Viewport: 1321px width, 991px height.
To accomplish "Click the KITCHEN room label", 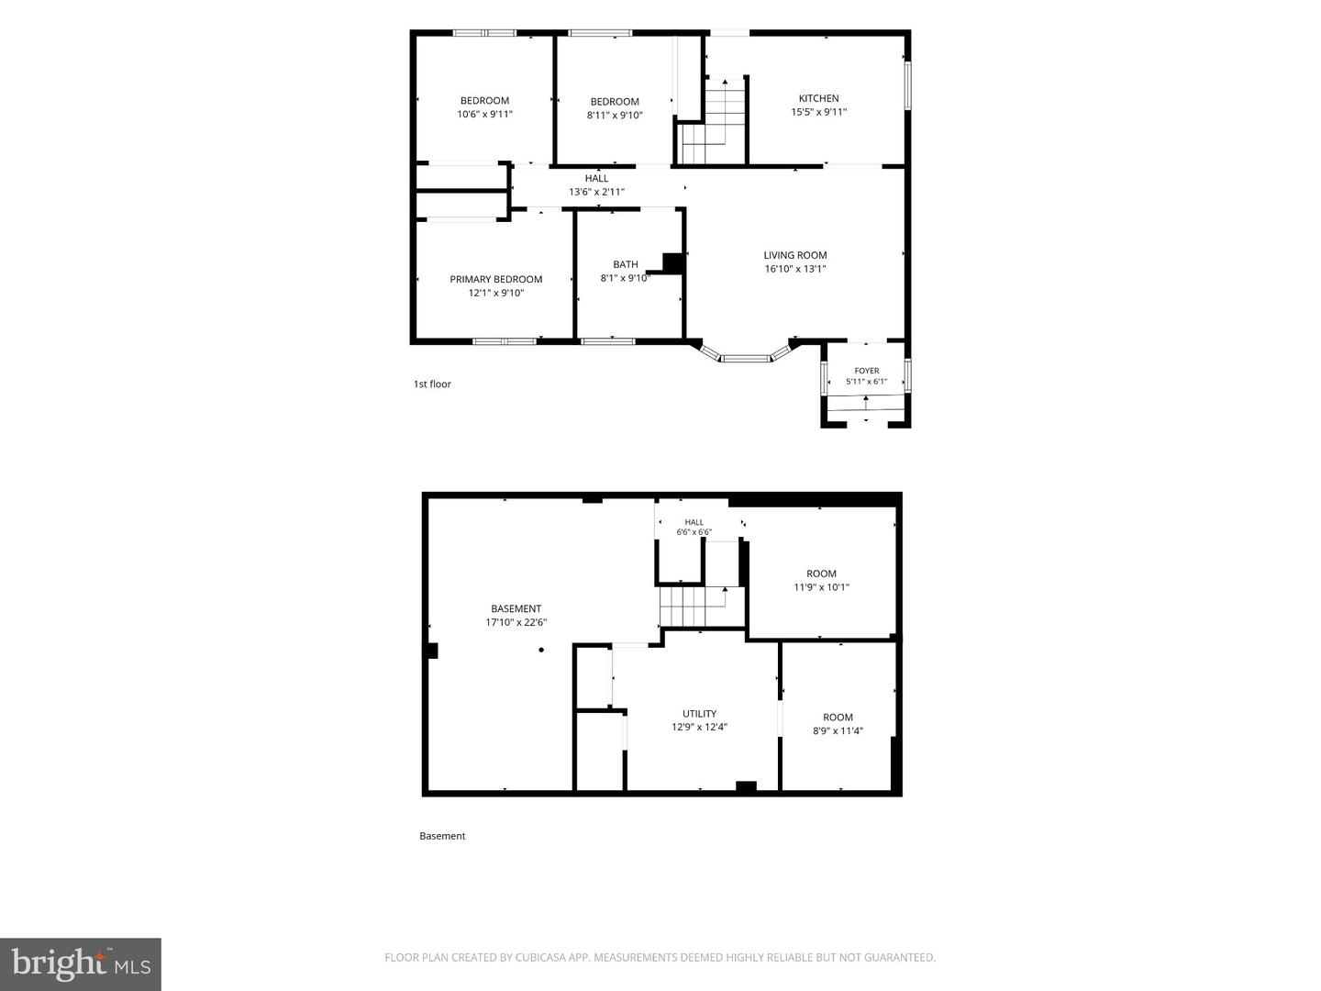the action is click(x=818, y=98).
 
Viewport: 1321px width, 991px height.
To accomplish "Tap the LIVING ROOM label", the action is click(x=795, y=255).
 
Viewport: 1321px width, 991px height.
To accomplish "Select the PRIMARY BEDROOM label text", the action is click(x=496, y=279).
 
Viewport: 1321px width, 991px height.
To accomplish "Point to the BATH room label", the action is click(x=626, y=264).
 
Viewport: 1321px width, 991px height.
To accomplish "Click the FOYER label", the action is click(x=867, y=371).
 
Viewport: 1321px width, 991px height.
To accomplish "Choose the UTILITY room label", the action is click(x=699, y=714).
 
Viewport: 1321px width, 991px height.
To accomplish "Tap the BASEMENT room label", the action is click(x=516, y=608).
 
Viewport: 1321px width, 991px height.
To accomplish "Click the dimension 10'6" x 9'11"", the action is click(x=484, y=114).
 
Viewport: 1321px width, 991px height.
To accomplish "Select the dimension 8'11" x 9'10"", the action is click(x=615, y=115).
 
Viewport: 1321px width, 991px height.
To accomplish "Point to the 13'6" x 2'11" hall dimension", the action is click(x=596, y=192).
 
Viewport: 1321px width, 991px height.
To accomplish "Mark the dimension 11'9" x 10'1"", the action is click(x=821, y=587).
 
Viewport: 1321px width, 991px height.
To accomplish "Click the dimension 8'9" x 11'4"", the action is click(x=838, y=730).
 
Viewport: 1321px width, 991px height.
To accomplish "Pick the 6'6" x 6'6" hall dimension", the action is click(x=694, y=532).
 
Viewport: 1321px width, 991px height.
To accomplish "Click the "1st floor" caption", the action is click(x=432, y=384).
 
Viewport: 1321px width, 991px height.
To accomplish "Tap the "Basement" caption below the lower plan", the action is click(x=442, y=836).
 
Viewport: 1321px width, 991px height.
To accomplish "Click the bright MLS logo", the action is click(x=81, y=963).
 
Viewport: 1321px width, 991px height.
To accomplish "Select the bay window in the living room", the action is click(x=745, y=355).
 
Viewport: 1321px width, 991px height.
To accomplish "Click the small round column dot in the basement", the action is click(x=541, y=650).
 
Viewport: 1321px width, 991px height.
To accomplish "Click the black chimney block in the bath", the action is click(x=673, y=263).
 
